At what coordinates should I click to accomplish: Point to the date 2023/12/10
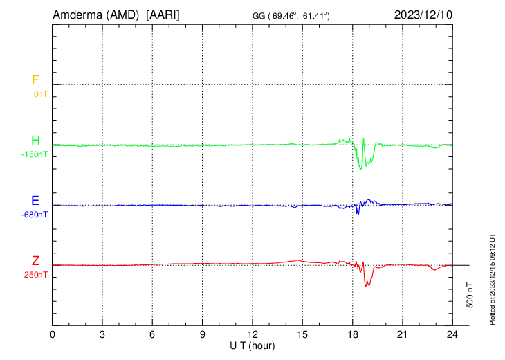[x=423, y=15]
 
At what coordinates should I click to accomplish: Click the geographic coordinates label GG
[x=260, y=15]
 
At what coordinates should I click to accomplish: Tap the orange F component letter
[x=35, y=80]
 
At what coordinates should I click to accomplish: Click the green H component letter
[x=35, y=141]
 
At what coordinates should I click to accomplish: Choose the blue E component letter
[x=35, y=201]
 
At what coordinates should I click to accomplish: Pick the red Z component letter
[x=35, y=261]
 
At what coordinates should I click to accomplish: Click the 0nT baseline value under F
[x=40, y=93]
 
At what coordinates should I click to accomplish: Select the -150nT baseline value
[x=35, y=154]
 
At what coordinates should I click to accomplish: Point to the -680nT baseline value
[x=35, y=214]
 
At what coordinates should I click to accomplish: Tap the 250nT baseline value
[x=37, y=274]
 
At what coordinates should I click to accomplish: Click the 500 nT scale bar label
[x=470, y=295]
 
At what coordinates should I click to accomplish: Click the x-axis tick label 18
[x=353, y=334]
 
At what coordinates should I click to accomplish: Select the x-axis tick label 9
[x=203, y=334]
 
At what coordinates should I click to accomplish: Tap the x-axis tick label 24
[x=452, y=334]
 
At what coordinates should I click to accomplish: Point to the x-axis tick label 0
[x=53, y=334]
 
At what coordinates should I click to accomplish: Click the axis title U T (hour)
[x=252, y=345]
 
